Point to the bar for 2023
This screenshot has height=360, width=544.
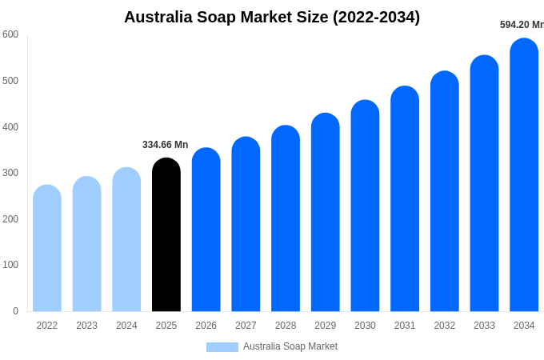[86, 244]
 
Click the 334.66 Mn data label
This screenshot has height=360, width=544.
[165, 145]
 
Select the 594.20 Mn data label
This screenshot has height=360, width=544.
[521, 25]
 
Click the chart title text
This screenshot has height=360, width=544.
[272, 17]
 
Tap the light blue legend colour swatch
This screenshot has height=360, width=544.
[222, 347]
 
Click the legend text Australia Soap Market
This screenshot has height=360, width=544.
[290, 346]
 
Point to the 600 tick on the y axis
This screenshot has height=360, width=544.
[10, 34]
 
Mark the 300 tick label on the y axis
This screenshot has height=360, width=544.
[10, 173]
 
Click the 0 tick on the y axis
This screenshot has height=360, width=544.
[15, 311]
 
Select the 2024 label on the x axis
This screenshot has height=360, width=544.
[126, 326]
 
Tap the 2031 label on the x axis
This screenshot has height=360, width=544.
[405, 326]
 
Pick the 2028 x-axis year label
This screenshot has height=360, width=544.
[286, 326]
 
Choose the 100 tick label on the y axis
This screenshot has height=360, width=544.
[10, 265]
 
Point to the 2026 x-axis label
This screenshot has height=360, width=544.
[206, 326]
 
